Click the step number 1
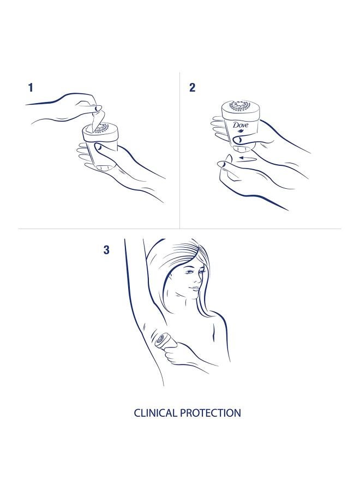tap(31, 87)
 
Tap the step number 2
tap(192, 87)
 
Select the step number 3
tap(106, 250)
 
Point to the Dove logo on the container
tap(241, 125)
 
